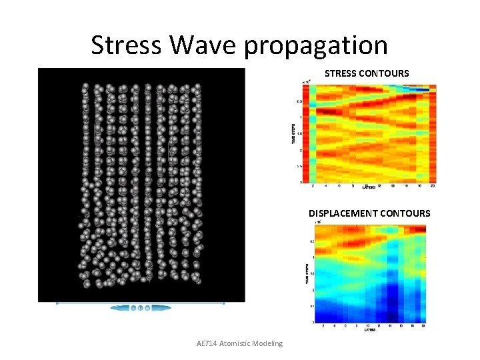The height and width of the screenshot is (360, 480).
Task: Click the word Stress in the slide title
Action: [126, 45]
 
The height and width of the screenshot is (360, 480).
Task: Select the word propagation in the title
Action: [316, 45]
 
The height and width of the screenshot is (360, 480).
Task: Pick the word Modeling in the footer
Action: [269, 343]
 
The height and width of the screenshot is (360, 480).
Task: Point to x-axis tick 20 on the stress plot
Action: [433, 186]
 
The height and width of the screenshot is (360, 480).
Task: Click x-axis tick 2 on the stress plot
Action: [313, 186]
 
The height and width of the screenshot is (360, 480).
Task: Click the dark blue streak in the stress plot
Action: [419, 89]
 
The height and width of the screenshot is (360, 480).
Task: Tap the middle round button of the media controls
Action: [141, 308]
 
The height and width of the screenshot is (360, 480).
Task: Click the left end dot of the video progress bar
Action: [57, 303]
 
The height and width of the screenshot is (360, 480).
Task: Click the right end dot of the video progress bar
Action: [223, 303]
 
